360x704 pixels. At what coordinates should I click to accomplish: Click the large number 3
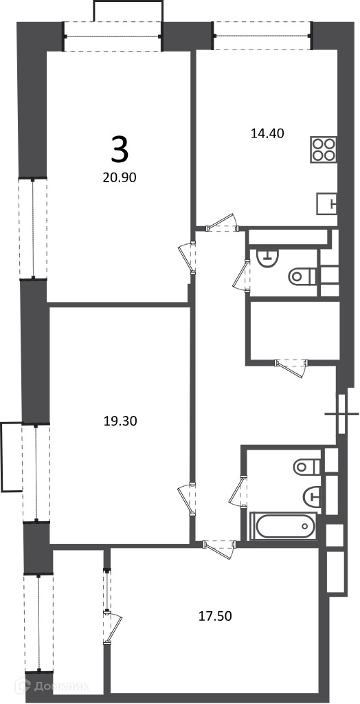[x=120, y=150]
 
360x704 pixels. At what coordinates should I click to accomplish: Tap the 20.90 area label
[x=120, y=178]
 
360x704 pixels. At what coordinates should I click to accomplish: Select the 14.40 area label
[x=267, y=133]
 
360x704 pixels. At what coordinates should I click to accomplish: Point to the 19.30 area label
[x=120, y=421]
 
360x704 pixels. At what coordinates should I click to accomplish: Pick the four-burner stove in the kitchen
[x=324, y=150]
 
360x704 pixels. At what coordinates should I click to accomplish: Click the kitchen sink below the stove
[x=327, y=203]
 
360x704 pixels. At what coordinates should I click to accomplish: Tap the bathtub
[x=283, y=526]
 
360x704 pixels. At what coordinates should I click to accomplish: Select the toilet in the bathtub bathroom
[x=308, y=467]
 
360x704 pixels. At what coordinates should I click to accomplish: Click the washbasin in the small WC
[x=267, y=258]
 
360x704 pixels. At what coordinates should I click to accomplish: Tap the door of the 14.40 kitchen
[x=222, y=223]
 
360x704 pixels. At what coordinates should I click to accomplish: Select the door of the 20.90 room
[x=187, y=258]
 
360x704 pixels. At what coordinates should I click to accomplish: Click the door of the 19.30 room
[x=186, y=500]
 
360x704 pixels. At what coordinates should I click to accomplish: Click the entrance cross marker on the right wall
[x=342, y=413]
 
